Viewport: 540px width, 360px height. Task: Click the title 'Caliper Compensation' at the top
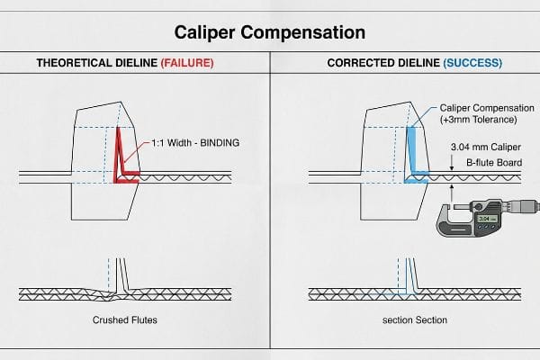tap(270, 33)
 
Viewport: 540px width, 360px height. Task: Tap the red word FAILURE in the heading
tap(187, 63)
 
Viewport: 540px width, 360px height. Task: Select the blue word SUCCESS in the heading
tap(472, 63)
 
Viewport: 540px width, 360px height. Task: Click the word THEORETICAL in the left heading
tap(74, 63)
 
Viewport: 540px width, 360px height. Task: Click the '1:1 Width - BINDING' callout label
tap(195, 143)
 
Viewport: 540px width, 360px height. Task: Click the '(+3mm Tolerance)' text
tap(479, 120)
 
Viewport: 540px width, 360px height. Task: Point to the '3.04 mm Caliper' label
tap(486, 147)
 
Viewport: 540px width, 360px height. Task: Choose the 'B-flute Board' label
tap(494, 163)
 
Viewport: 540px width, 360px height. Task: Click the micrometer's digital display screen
tap(488, 219)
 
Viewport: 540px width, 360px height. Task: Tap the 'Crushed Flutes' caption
tap(125, 320)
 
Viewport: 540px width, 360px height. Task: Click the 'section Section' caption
tap(415, 320)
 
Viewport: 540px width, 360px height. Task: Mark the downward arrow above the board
tap(452, 163)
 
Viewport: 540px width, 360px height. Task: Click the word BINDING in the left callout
tap(220, 143)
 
